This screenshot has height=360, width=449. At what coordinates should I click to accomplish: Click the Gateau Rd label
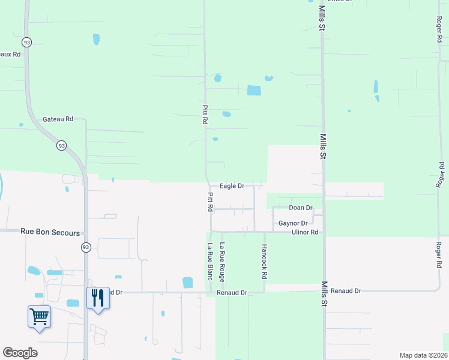pos(58,119)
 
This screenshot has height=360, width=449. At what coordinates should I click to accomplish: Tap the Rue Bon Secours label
pos(50,230)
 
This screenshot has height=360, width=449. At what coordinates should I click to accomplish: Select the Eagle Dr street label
pos(232,186)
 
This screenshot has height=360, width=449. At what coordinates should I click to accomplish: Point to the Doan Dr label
pos(301,208)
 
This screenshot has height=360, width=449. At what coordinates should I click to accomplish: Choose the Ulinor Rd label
pos(305,232)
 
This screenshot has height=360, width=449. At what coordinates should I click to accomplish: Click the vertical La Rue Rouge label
pos(222,262)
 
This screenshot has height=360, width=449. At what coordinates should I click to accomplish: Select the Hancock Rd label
pos(264,262)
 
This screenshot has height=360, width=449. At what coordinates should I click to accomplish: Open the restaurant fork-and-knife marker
pos(98,298)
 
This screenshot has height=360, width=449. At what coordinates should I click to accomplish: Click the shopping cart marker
pos(39,316)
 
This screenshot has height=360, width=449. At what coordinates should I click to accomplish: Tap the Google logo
pos(20,353)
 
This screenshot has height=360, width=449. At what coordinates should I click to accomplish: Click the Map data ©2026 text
pos(423,355)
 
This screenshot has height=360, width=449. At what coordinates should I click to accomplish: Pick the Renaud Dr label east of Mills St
pos(349,290)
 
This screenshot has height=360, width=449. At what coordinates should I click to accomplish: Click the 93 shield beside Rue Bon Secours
pos(86,247)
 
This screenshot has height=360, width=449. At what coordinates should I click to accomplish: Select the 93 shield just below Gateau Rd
pos(62,145)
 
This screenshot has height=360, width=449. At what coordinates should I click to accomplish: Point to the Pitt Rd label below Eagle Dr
pos(211,202)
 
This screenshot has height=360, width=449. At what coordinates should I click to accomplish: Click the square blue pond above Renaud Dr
pos(187,282)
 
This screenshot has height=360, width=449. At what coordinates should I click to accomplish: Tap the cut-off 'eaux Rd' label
pos(10,54)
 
